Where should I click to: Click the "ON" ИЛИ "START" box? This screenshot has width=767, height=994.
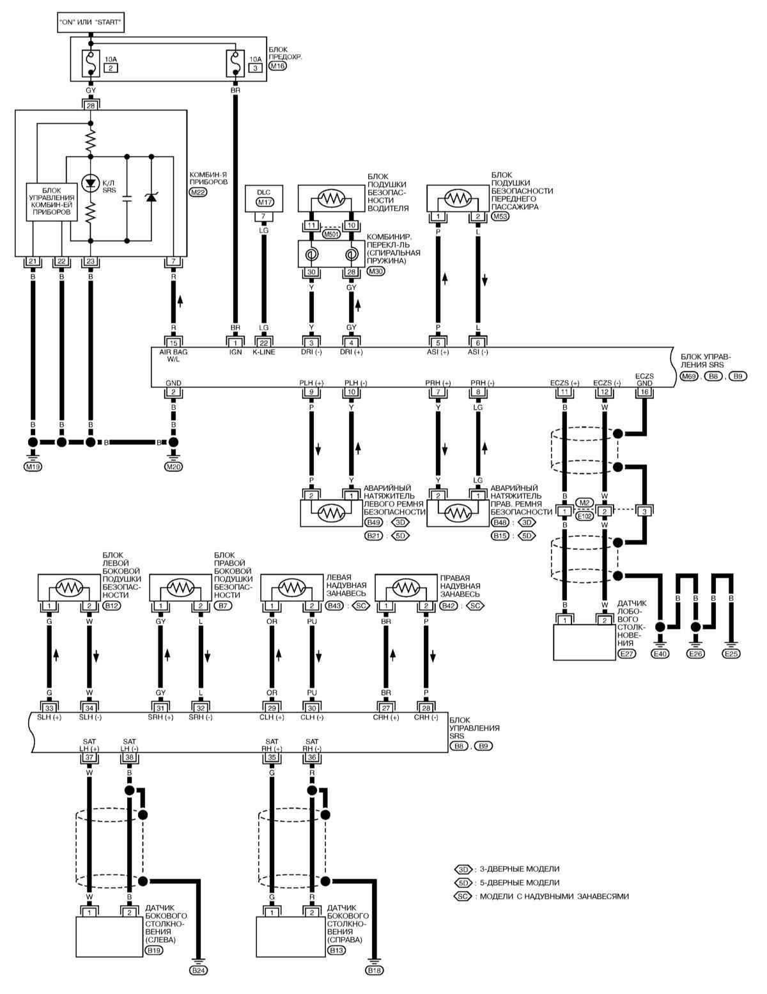point(91,22)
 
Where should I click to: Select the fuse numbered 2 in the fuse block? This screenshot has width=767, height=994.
point(91,63)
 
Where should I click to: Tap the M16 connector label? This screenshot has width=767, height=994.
point(277,66)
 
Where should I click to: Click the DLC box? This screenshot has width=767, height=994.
point(264,198)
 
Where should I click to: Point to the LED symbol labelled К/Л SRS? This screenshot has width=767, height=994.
point(91,183)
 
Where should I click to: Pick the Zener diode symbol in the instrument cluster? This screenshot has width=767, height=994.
point(151,198)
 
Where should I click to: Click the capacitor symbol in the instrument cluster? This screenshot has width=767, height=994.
point(127,198)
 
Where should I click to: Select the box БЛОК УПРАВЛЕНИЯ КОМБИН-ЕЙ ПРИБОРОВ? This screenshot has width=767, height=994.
point(51,202)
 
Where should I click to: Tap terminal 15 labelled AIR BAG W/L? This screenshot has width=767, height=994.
point(173,343)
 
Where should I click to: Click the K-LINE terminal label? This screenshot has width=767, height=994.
point(264,352)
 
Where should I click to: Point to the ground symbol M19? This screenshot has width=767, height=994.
point(33,467)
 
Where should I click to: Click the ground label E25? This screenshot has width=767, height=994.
point(731,654)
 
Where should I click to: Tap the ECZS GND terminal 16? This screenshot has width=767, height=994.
point(644,392)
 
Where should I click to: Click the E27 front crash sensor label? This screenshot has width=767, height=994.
point(626,654)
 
